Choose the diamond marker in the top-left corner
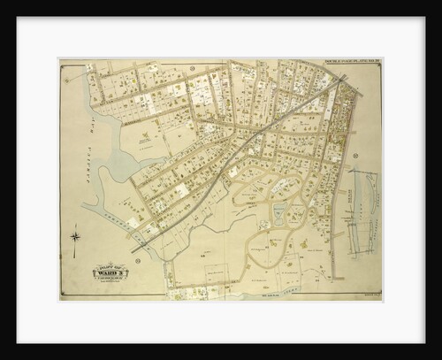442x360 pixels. pos(66,66)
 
